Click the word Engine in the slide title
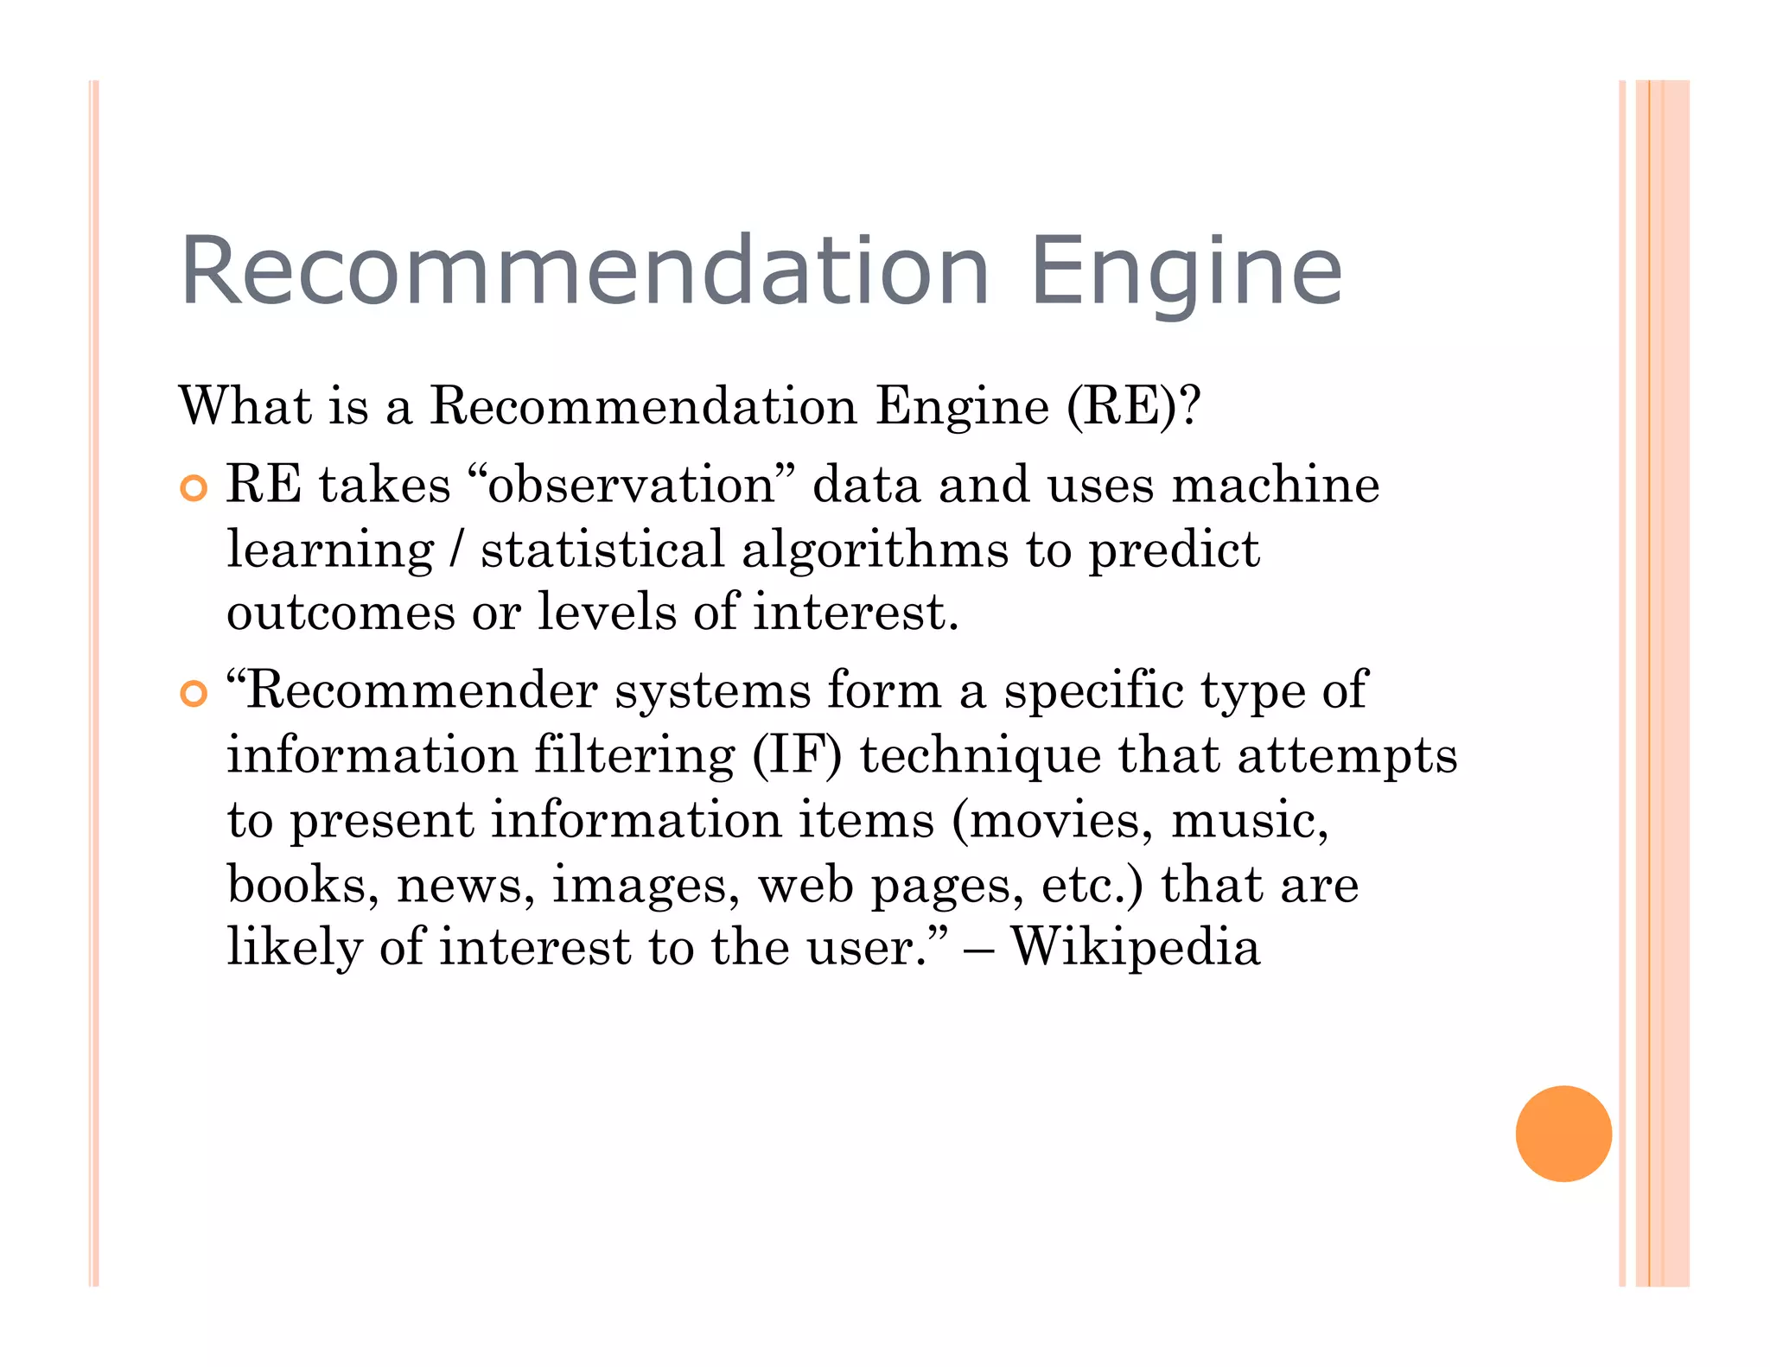[x=1186, y=271]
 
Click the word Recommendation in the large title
[x=584, y=271]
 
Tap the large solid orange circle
[x=1563, y=1133]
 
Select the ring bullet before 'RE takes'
[x=194, y=488]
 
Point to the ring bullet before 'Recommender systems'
[x=194, y=694]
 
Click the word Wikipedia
[x=1136, y=947]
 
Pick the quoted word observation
[x=631, y=484]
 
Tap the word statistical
[x=602, y=550]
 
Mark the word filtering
[x=634, y=756]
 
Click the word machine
[x=1276, y=484]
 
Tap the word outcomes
[x=341, y=614]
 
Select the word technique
[x=980, y=756]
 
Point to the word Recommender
[x=423, y=691]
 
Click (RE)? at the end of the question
[x=1133, y=406]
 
